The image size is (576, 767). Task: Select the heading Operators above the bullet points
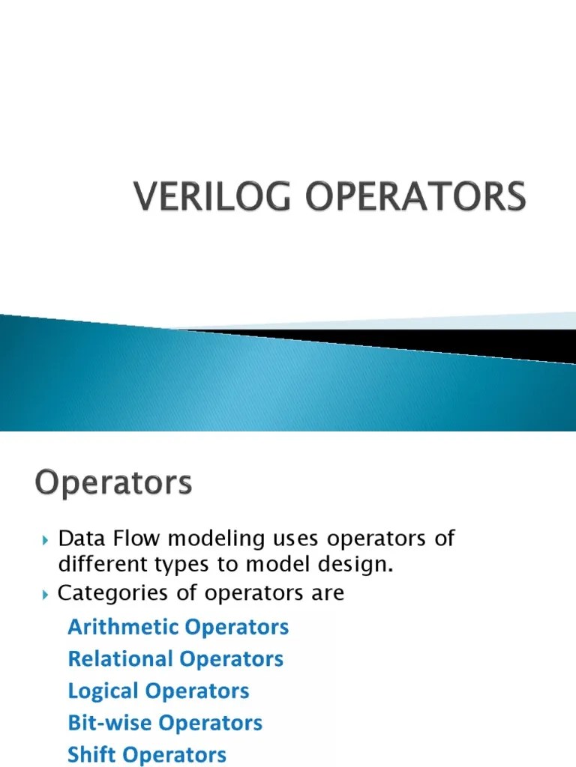(112, 482)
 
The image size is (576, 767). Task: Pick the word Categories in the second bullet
(110, 594)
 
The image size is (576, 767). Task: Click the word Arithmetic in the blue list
(120, 627)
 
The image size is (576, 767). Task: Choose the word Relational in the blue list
(120, 659)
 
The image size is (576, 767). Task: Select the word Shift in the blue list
(88, 755)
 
